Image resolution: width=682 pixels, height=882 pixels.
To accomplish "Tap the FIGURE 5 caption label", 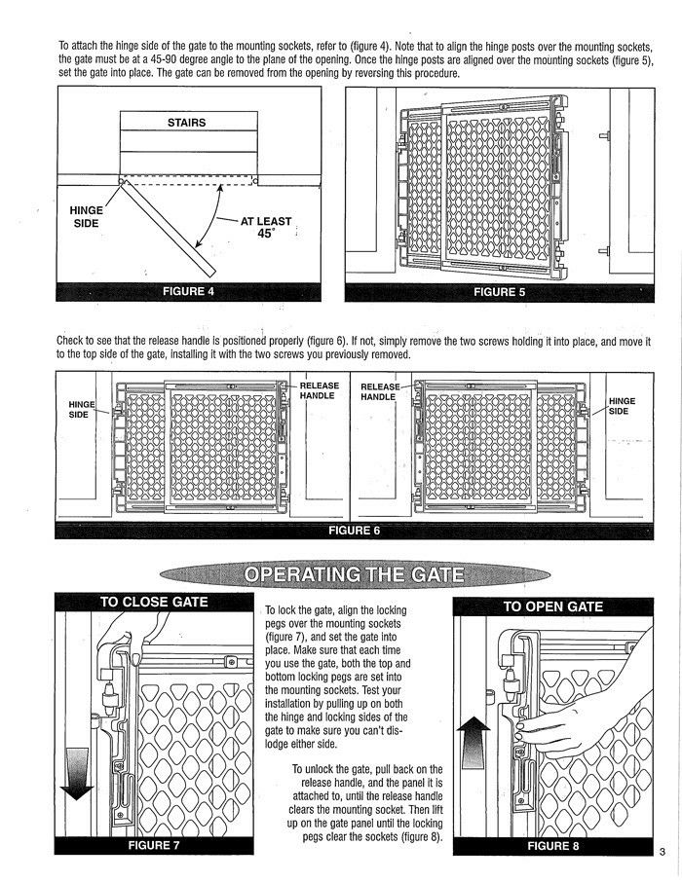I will coord(499,292).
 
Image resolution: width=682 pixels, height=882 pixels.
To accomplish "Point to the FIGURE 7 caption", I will coord(154,845).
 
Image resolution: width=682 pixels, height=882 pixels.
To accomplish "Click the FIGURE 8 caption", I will coord(552,845).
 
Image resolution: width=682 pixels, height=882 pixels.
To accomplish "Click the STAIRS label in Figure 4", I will coord(187,123).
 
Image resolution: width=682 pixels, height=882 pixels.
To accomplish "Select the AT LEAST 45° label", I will coord(265,228).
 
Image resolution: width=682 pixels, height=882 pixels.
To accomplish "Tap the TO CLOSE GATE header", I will coord(154,602).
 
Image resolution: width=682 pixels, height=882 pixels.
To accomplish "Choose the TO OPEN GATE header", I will coord(552,606).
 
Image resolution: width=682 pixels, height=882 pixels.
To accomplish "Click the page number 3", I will coord(662,854).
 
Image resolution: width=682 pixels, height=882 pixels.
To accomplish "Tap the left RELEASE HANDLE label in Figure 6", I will coord(318,390).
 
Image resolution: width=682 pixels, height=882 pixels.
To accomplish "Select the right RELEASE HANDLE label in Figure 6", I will coord(380,391).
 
